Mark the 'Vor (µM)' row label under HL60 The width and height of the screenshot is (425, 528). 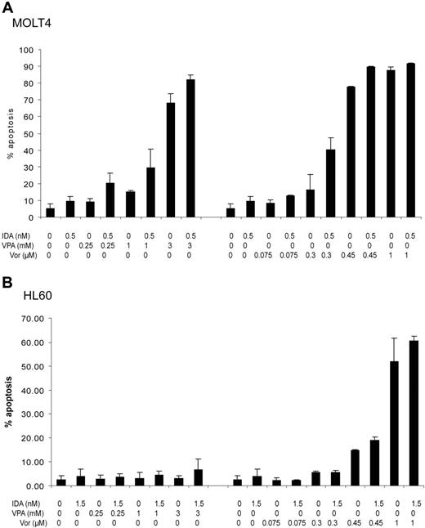point(16,521)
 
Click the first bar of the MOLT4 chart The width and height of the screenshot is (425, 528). point(51,213)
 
